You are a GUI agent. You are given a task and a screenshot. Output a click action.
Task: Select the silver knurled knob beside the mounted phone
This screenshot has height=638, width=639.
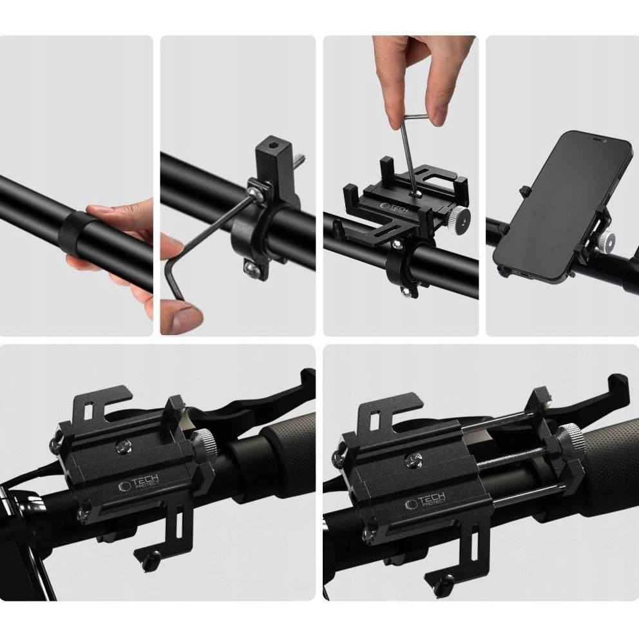[x=607, y=239]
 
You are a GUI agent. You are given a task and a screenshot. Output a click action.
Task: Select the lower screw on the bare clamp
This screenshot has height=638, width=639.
[x=250, y=267]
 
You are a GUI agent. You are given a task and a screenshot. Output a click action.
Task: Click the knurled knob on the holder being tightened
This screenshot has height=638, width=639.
[x=460, y=216]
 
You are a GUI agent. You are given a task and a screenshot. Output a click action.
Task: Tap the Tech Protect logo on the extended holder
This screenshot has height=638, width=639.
[x=425, y=500]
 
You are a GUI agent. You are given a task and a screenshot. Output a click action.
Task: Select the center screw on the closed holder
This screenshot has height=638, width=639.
[x=123, y=447]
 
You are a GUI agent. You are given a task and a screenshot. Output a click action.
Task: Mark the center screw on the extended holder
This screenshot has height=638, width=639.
[x=412, y=460]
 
